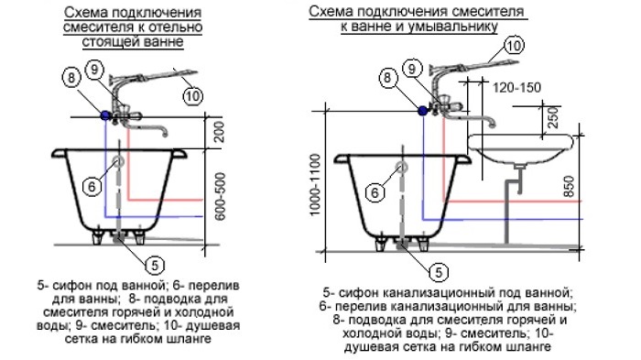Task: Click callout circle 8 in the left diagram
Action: pyautogui.click(x=71, y=78)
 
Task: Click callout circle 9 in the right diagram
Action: pyautogui.click(x=412, y=69)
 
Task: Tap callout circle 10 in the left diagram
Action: pyautogui.click(x=192, y=96)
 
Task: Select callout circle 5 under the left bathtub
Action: pyautogui.click(x=155, y=266)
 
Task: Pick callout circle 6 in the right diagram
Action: pyautogui.click(x=375, y=191)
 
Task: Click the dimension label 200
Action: pyautogui.click(x=220, y=131)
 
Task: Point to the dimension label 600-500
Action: pyautogui.click(x=220, y=196)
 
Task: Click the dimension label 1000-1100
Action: pyautogui.click(x=314, y=184)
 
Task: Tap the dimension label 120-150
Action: pyautogui.click(x=516, y=88)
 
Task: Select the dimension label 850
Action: pyautogui.click(x=569, y=186)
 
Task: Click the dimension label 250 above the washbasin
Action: pyautogui.click(x=552, y=117)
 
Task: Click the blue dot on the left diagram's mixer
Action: pyautogui.click(x=105, y=115)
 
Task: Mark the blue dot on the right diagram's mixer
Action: pyautogui.click(x=423, y=110)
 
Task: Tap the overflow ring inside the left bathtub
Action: pyautogui.click(x=118, y=161)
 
